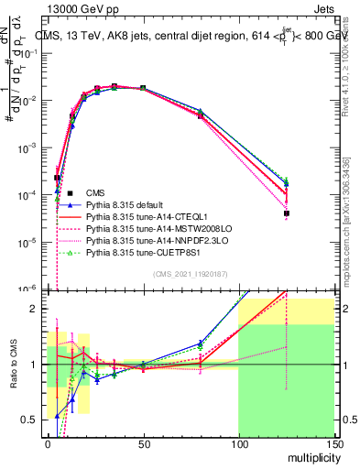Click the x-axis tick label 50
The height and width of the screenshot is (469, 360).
click(143, 443)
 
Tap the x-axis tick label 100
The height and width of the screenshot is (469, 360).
click(238, 443)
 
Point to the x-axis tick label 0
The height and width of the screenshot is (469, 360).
click(48, 443)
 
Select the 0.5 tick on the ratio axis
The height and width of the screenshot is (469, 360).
click(32, 420)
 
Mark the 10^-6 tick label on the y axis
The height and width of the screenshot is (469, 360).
click(28, 289)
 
